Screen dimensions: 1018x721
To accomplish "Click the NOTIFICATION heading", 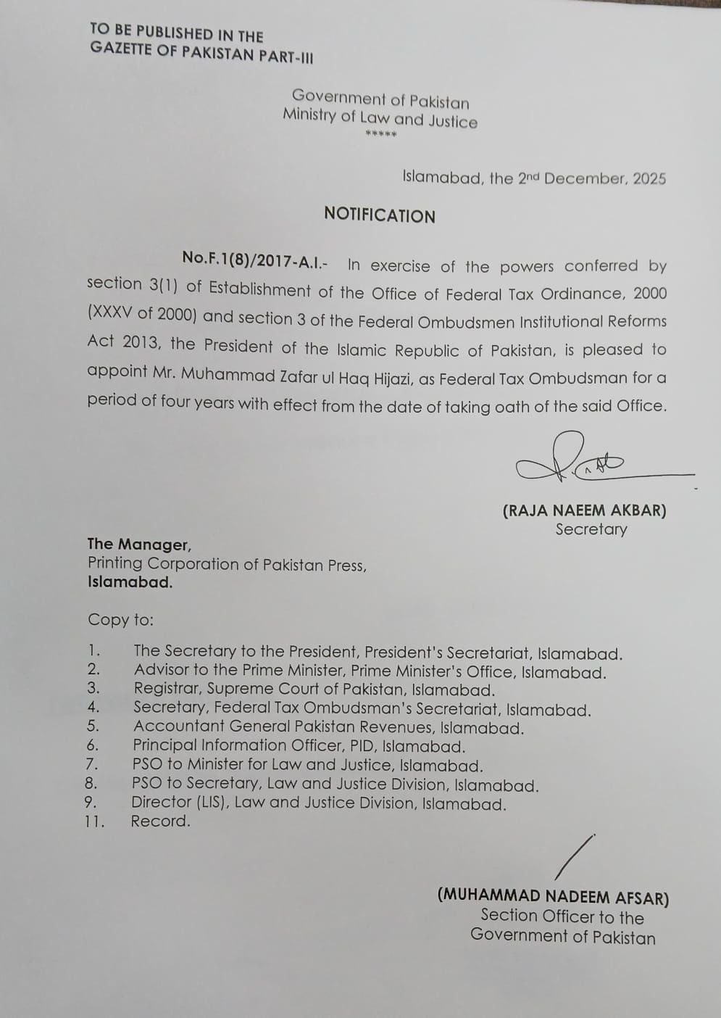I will click(380, 215).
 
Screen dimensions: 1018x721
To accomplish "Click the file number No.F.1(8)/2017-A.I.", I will click(259, 258).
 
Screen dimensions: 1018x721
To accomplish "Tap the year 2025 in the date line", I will click(649, 179).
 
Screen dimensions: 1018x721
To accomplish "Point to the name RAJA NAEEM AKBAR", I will click(584, 510).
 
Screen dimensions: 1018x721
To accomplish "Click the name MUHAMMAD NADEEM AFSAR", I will click(553, 896).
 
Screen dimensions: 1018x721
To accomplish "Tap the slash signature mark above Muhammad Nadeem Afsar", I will click(575, 857).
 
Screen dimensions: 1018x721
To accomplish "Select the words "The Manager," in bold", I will click(139, 545).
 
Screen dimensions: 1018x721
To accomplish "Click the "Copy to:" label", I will click(121, 620).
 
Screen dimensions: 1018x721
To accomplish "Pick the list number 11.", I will click(94, 822).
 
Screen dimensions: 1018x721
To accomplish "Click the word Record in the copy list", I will click(160, 822).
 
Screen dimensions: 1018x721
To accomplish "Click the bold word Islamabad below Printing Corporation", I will click(130, 582).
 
